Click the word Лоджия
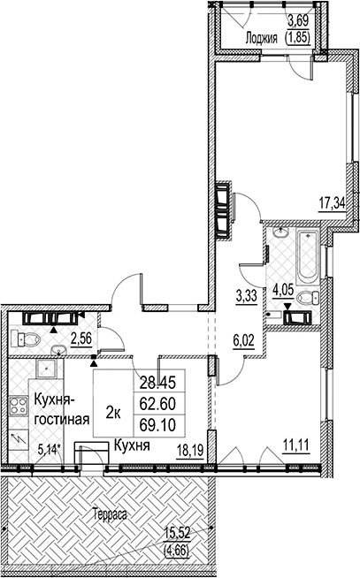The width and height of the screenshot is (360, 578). click(x=261, y=38)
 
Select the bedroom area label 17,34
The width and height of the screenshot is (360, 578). click(x=332, y=203)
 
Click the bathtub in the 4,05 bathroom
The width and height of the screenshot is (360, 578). click(x=308, y=257)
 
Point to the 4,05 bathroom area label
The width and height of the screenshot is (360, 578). click(x=283, y=290)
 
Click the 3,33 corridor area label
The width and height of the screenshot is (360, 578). click(x=246, y=296)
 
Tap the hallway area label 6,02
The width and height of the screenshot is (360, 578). click(x=244, y=340)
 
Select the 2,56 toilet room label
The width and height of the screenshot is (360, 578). click(x=81, y=338)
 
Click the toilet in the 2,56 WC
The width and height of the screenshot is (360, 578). click(x=25, y=338)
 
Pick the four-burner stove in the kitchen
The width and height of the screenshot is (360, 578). click(x=18, y=406)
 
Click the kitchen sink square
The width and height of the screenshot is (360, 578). click(x=47, y=368)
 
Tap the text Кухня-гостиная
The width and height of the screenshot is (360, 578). click(x=62, y=409)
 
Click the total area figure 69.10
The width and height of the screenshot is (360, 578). click(x=157, y=425)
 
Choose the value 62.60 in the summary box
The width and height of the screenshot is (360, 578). click(x=157, y=405)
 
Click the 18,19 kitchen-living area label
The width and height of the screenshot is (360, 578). click(x=191, y=451)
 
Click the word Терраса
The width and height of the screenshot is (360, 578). click(x=110, y=513)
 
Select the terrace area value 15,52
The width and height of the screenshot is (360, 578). click(x=178, y=532)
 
